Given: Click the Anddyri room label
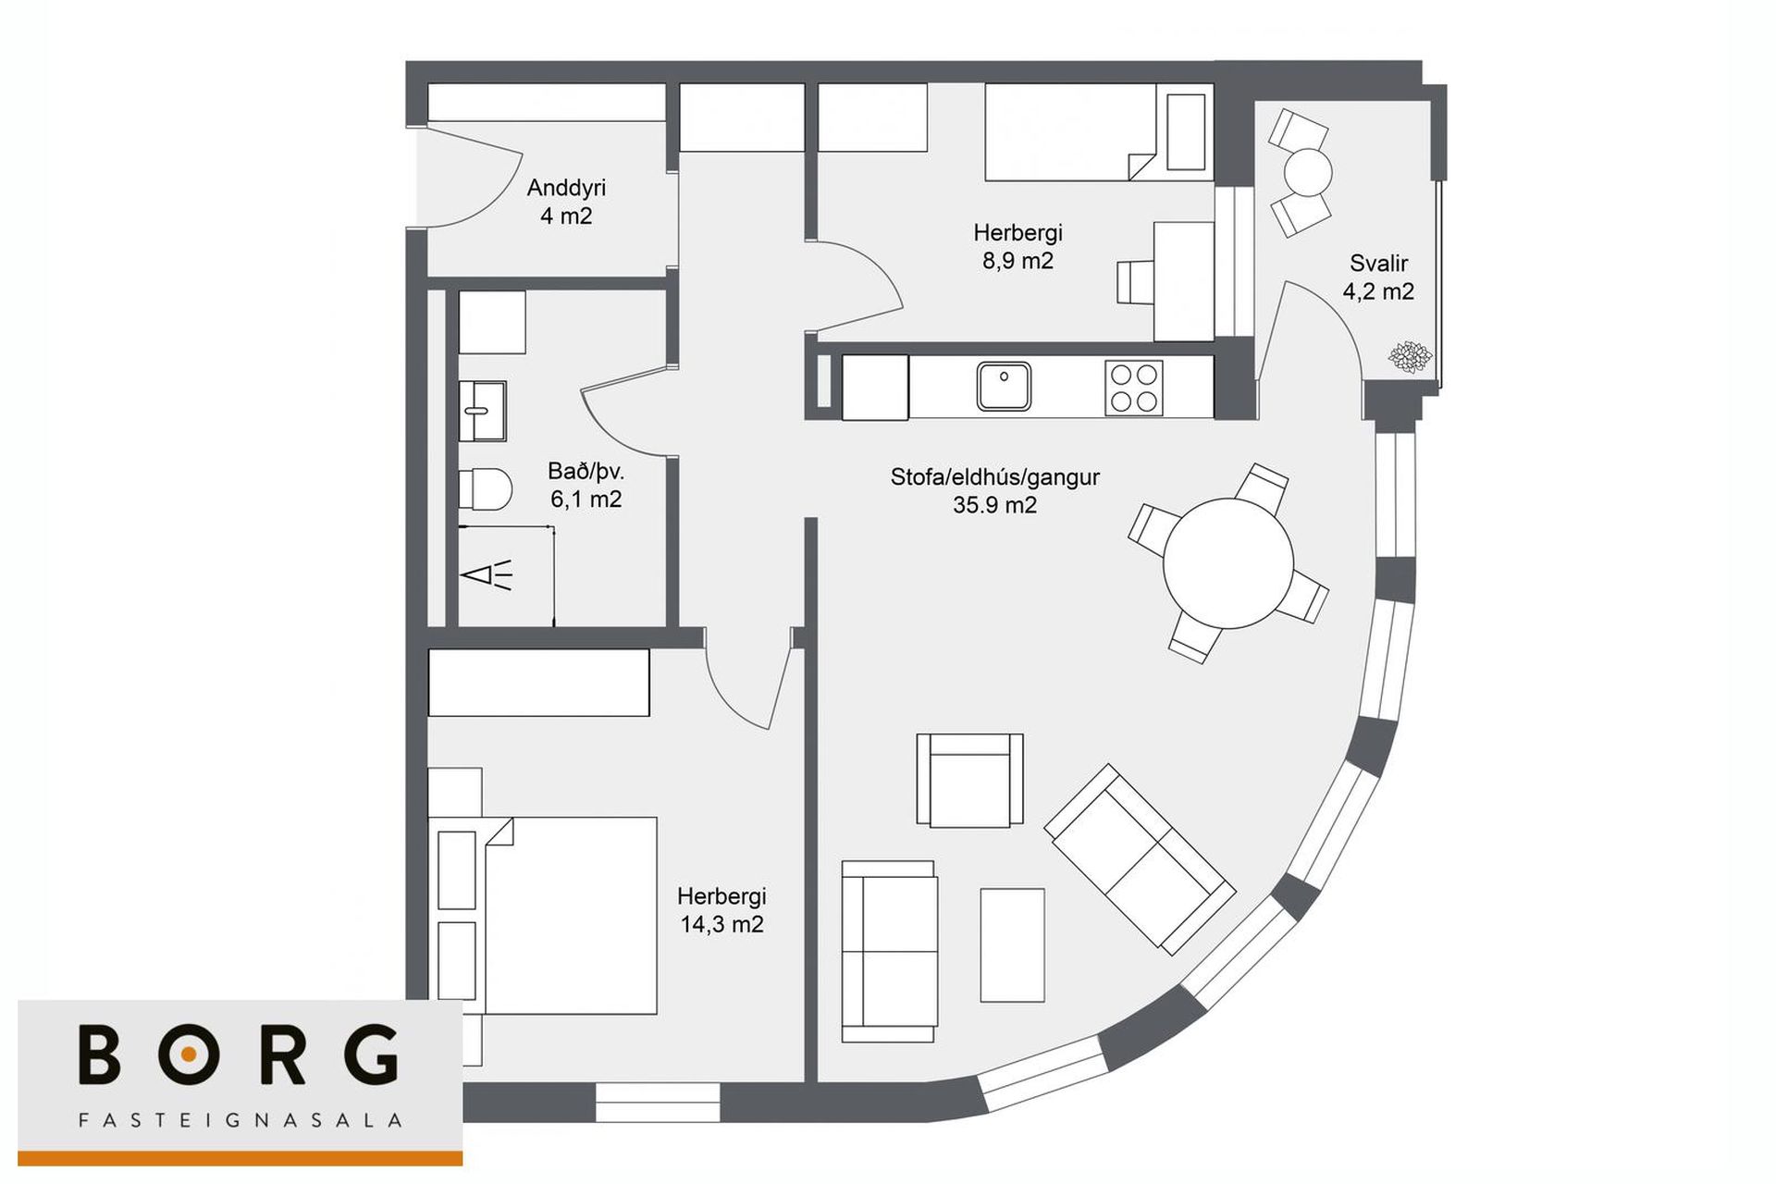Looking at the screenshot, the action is [566, 188].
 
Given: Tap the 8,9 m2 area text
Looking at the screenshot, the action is [1017, 261].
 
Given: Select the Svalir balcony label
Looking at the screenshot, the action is [1378, 263].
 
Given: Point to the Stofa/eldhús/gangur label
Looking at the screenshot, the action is [994, 477].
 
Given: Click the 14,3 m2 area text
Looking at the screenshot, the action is [721, 924].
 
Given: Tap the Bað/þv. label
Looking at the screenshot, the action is [586, 472].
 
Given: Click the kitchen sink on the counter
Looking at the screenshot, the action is [1004, 387].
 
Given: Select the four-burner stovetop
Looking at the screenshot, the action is [1134, 388].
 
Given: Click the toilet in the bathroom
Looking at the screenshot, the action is [486, 489].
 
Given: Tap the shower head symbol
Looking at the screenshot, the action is [487, 575].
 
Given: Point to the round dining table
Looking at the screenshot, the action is [1228, 563].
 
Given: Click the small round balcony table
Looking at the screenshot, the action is [1307, 172].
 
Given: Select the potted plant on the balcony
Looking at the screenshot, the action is [1410, 356].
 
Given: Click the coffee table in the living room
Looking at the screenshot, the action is [1012, 945].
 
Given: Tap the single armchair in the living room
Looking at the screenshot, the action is [969, 780].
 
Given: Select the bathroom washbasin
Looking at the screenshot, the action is [482, 411].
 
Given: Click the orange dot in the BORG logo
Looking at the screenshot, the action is [189, 1054].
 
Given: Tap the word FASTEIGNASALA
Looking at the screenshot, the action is [240, 1121].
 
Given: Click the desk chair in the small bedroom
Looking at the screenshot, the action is [1135, 282].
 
